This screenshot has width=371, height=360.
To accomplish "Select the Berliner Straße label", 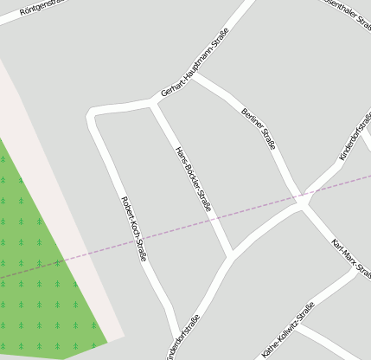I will (259, 129).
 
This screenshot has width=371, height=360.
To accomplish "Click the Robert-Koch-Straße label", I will (134, 228).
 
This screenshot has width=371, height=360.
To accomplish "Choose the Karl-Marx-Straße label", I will (350, 258).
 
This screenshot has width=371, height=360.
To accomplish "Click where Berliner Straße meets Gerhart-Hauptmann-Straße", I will (193, 75).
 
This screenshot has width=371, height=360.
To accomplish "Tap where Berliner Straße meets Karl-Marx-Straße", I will (303, 204).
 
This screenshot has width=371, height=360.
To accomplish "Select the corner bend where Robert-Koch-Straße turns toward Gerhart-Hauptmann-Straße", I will (93, 115).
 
